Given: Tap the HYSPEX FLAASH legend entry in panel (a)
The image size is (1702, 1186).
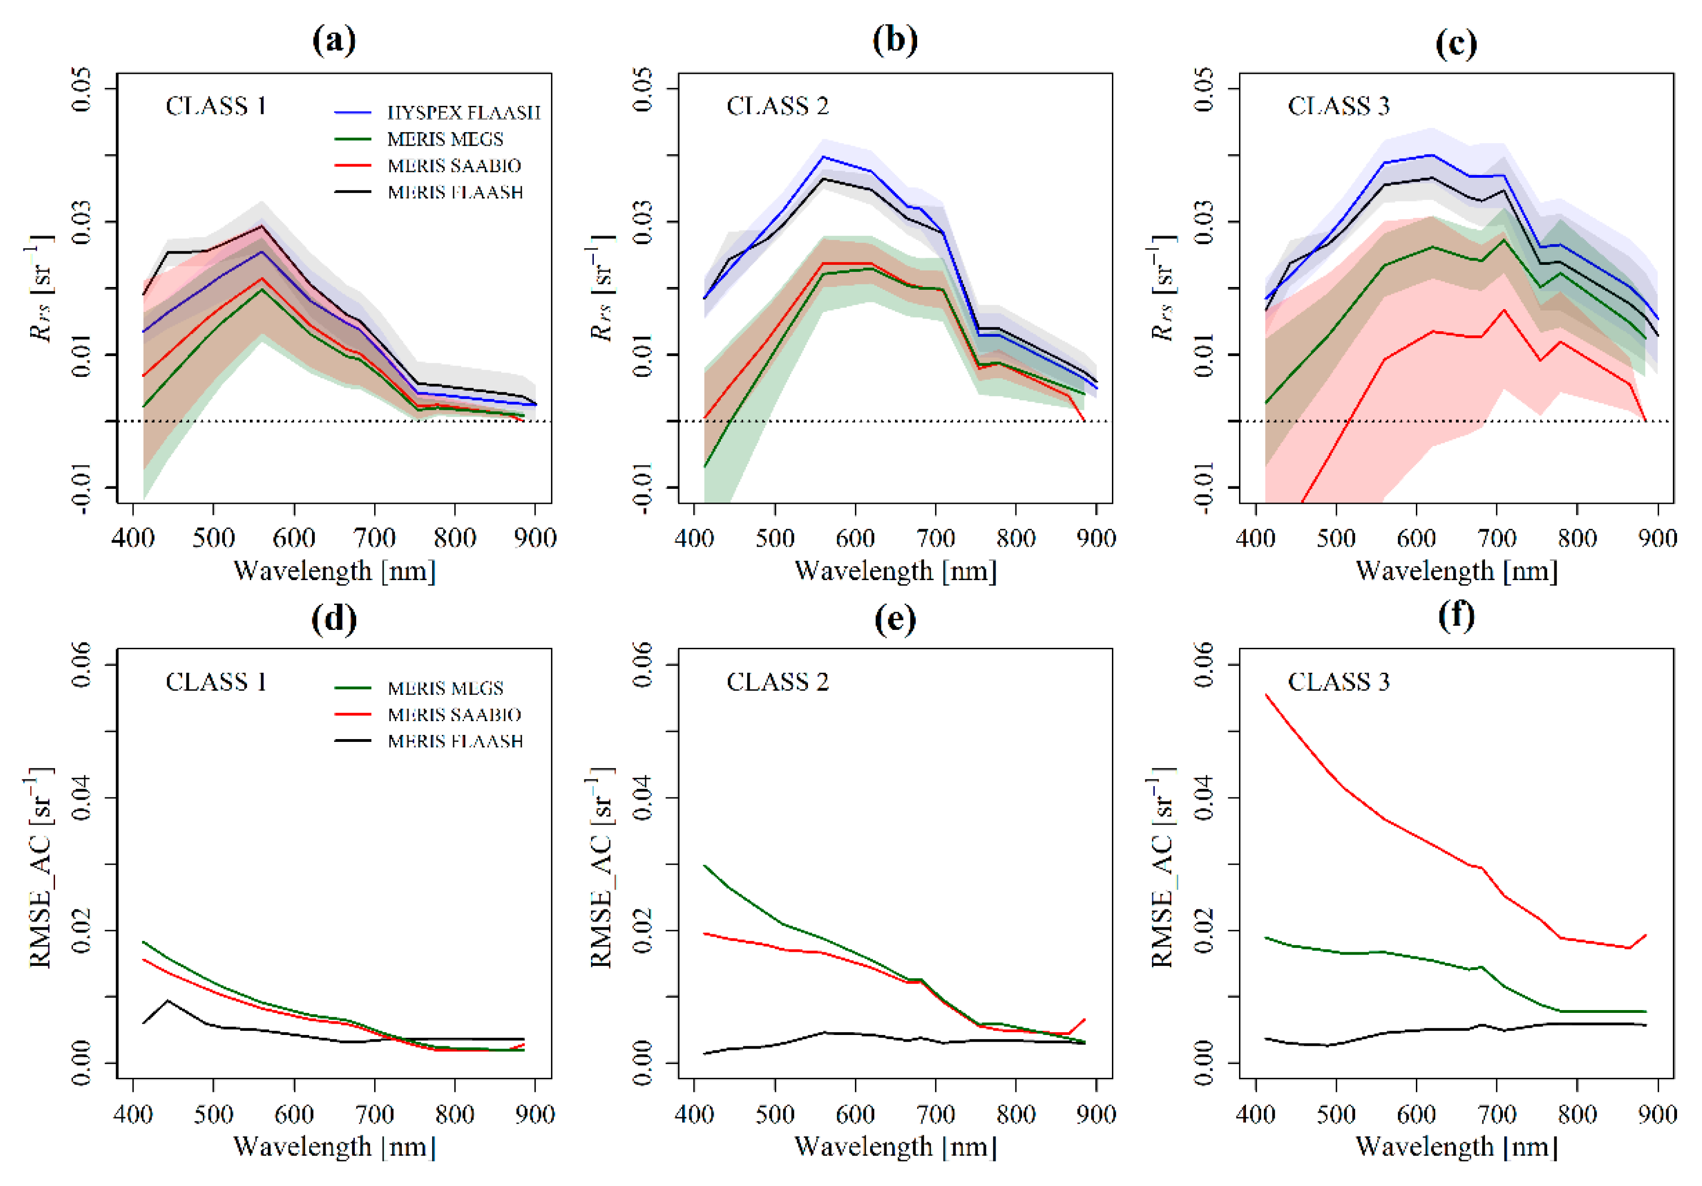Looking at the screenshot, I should (x=463, y=112).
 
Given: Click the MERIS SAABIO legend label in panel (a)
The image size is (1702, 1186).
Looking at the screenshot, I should (x=454, y=166).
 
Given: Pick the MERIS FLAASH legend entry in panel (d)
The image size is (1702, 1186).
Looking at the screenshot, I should (x=455, y=741).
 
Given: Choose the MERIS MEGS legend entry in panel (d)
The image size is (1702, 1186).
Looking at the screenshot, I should (x=445, y=689).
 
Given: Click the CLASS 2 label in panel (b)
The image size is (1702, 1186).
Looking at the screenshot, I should (x=777, y=107).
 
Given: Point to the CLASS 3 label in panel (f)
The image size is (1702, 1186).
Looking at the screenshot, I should (x=1338, y=682).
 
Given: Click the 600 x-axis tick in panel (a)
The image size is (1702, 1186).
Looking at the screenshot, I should (x=294, y=537).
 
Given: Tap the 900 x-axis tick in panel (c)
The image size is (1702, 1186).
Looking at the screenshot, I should (x=1657, y=537).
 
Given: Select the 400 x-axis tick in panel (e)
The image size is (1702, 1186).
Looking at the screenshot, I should (x=694, y=1114).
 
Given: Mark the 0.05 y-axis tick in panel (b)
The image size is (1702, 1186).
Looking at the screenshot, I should (x=643, y=89).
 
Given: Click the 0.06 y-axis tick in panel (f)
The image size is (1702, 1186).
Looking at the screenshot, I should (x=1205, y=664).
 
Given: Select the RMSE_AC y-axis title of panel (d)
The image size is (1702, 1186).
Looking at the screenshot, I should (x=41, y=867).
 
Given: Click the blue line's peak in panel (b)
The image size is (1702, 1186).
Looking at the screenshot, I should (x=823, y=156).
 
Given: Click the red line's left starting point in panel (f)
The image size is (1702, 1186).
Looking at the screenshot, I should (x=1266, y=694).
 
